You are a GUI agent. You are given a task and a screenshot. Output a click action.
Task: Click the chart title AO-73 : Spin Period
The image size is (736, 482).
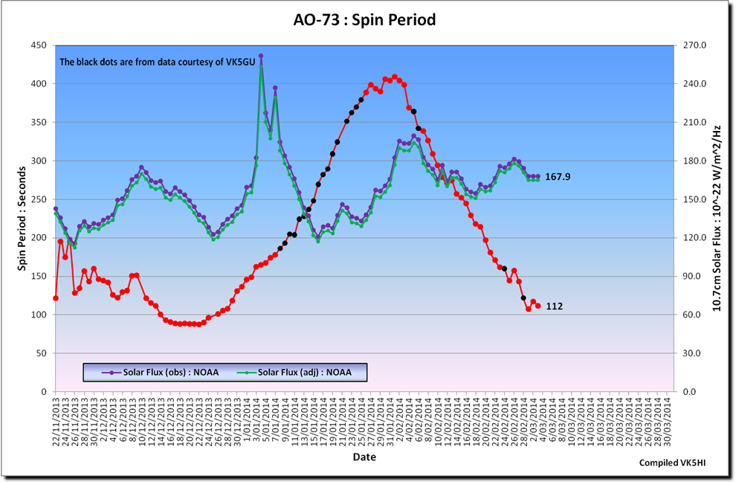point(364,20)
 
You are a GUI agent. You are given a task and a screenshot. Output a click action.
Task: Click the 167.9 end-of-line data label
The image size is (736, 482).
point(557,177)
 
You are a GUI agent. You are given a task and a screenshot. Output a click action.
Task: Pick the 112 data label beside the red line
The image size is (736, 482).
point(553,306)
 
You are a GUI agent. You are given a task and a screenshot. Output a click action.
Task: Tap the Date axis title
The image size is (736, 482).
point(364,457)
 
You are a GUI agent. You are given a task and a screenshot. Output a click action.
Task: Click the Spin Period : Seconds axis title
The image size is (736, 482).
point(22,218)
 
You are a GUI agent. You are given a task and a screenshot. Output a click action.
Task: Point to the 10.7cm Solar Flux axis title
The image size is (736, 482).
point(718,218)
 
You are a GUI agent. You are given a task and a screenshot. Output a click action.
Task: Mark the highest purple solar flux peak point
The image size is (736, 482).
point(261,56)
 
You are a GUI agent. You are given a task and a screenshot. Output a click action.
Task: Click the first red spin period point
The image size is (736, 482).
point(56,298)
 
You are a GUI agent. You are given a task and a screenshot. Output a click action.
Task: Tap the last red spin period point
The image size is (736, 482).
point(538,306)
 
